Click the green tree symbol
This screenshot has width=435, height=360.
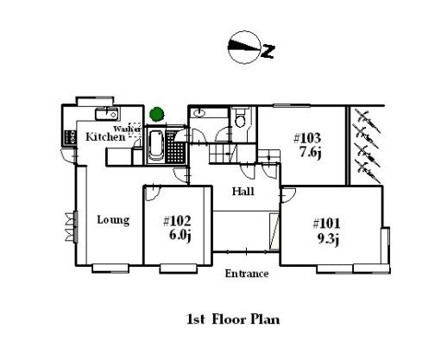click(157, 114)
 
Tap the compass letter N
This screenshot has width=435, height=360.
click(268, 52)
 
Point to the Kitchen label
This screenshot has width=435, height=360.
click(105, 136)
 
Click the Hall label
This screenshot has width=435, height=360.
click(243, 192)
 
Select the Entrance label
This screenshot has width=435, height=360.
click(247, 274)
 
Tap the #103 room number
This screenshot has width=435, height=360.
click(307, 138)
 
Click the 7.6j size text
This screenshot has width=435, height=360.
click(311, 152)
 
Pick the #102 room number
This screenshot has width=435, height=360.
click(177, 221)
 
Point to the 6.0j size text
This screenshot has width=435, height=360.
click(180, 235)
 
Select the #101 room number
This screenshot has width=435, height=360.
click(326, 224)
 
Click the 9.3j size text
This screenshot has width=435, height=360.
click(328, 239)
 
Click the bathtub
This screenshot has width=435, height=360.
click(156, 145)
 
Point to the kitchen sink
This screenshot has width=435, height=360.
click(107, 114)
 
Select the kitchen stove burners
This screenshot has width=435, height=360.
click(71, 137)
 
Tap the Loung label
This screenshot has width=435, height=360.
click(113, 220)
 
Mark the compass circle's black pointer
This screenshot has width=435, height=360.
click(243, 46)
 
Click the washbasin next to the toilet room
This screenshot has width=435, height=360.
click(199, 113)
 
